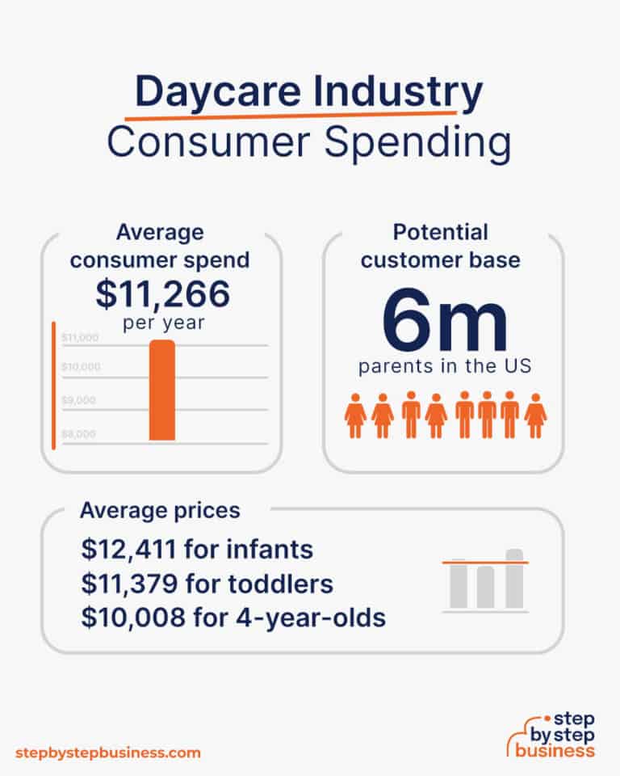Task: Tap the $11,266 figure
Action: [162, 294]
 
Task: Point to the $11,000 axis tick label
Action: [80, 337]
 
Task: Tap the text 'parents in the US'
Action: [445, 366]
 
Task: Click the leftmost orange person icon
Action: [355, 415]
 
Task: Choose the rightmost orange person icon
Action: [535, 415]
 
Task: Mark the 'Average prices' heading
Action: [159, 510]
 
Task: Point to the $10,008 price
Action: [128, 618]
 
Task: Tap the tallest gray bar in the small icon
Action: [514, 579]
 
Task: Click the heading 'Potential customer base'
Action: [441, 246]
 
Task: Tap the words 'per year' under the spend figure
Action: [161, 322]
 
